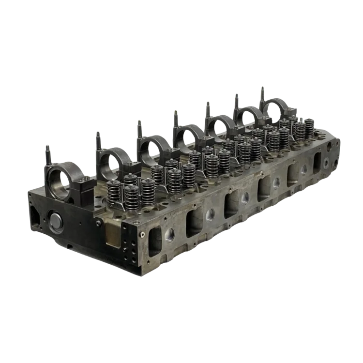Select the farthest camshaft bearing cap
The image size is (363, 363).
pyautogui.click(x=276, y=109)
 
